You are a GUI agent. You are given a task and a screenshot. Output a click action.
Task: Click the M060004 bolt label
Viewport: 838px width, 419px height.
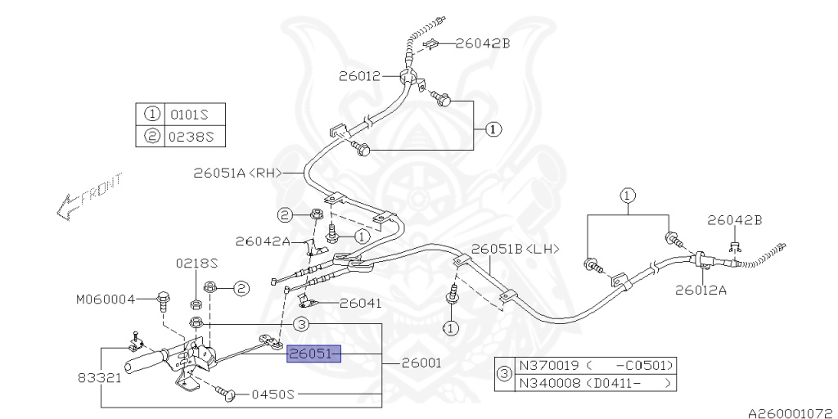106,300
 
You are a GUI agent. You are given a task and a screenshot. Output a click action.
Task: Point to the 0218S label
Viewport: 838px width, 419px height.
197,264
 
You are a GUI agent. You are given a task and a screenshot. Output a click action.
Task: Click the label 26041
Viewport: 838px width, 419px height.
360,303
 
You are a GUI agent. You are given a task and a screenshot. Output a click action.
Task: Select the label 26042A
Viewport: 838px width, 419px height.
263,241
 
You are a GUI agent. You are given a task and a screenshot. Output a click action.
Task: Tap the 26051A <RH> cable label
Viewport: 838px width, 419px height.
237,173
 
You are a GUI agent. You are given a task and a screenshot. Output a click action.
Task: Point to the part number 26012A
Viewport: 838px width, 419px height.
701,289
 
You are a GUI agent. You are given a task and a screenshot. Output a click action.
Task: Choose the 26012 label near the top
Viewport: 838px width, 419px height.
359,77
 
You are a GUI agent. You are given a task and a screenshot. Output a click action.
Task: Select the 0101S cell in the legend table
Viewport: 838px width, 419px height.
192,115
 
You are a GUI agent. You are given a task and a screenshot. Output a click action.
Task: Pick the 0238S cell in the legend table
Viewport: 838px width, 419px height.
192,137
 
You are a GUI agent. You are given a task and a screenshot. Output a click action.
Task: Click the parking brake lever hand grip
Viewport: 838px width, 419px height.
142,360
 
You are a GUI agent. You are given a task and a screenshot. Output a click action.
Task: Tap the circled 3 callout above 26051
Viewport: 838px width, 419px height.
300,325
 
